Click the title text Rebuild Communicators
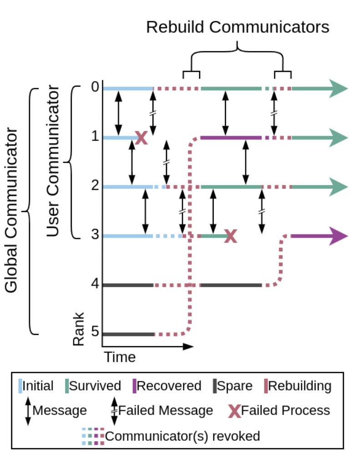coord(238,27)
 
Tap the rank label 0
coord(95,87)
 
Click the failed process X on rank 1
coord(141,137)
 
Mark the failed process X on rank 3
coord(231,236)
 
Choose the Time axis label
coord(120,357)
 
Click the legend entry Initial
coord(37,386)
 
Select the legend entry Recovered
coord(169,386)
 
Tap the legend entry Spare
coord(234,386)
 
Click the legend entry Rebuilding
coord(299,386)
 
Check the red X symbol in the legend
coord(234,410)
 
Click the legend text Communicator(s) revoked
coord(183,436)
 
